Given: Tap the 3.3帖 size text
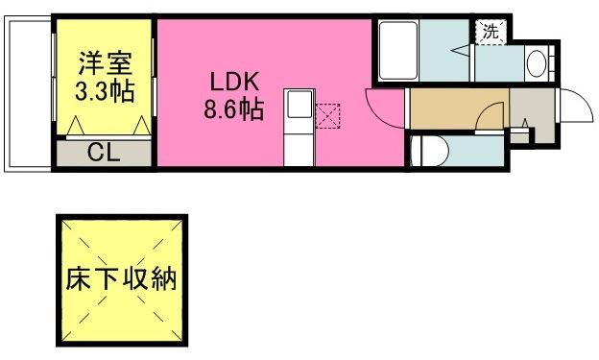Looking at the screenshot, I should click(105, 92).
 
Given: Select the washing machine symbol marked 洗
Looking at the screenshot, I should click(490, 31).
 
